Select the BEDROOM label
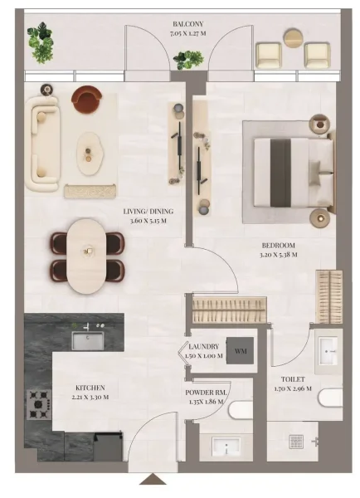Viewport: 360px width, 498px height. (278, 247)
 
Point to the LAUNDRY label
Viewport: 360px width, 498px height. (203, 346)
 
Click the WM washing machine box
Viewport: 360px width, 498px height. (241, 352)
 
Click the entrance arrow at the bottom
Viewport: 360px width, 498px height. (152, 479)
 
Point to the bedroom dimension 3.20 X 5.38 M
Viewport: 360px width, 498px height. (278, 256)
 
